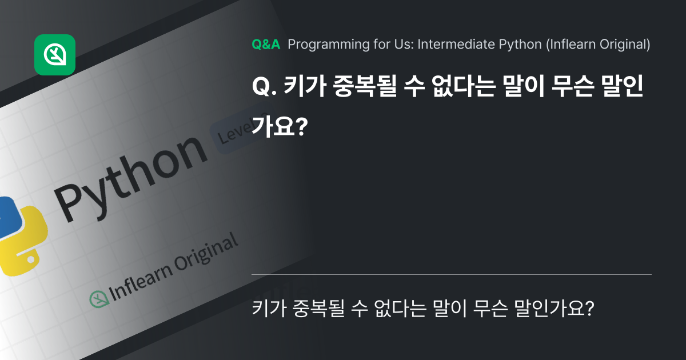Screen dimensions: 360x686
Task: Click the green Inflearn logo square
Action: (55, 55)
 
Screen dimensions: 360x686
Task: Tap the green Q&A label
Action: (266, 45)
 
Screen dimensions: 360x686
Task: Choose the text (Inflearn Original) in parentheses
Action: (598, 45)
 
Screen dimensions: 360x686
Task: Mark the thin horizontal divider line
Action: (451, 275)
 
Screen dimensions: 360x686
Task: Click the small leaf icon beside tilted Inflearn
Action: (98, 298)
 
